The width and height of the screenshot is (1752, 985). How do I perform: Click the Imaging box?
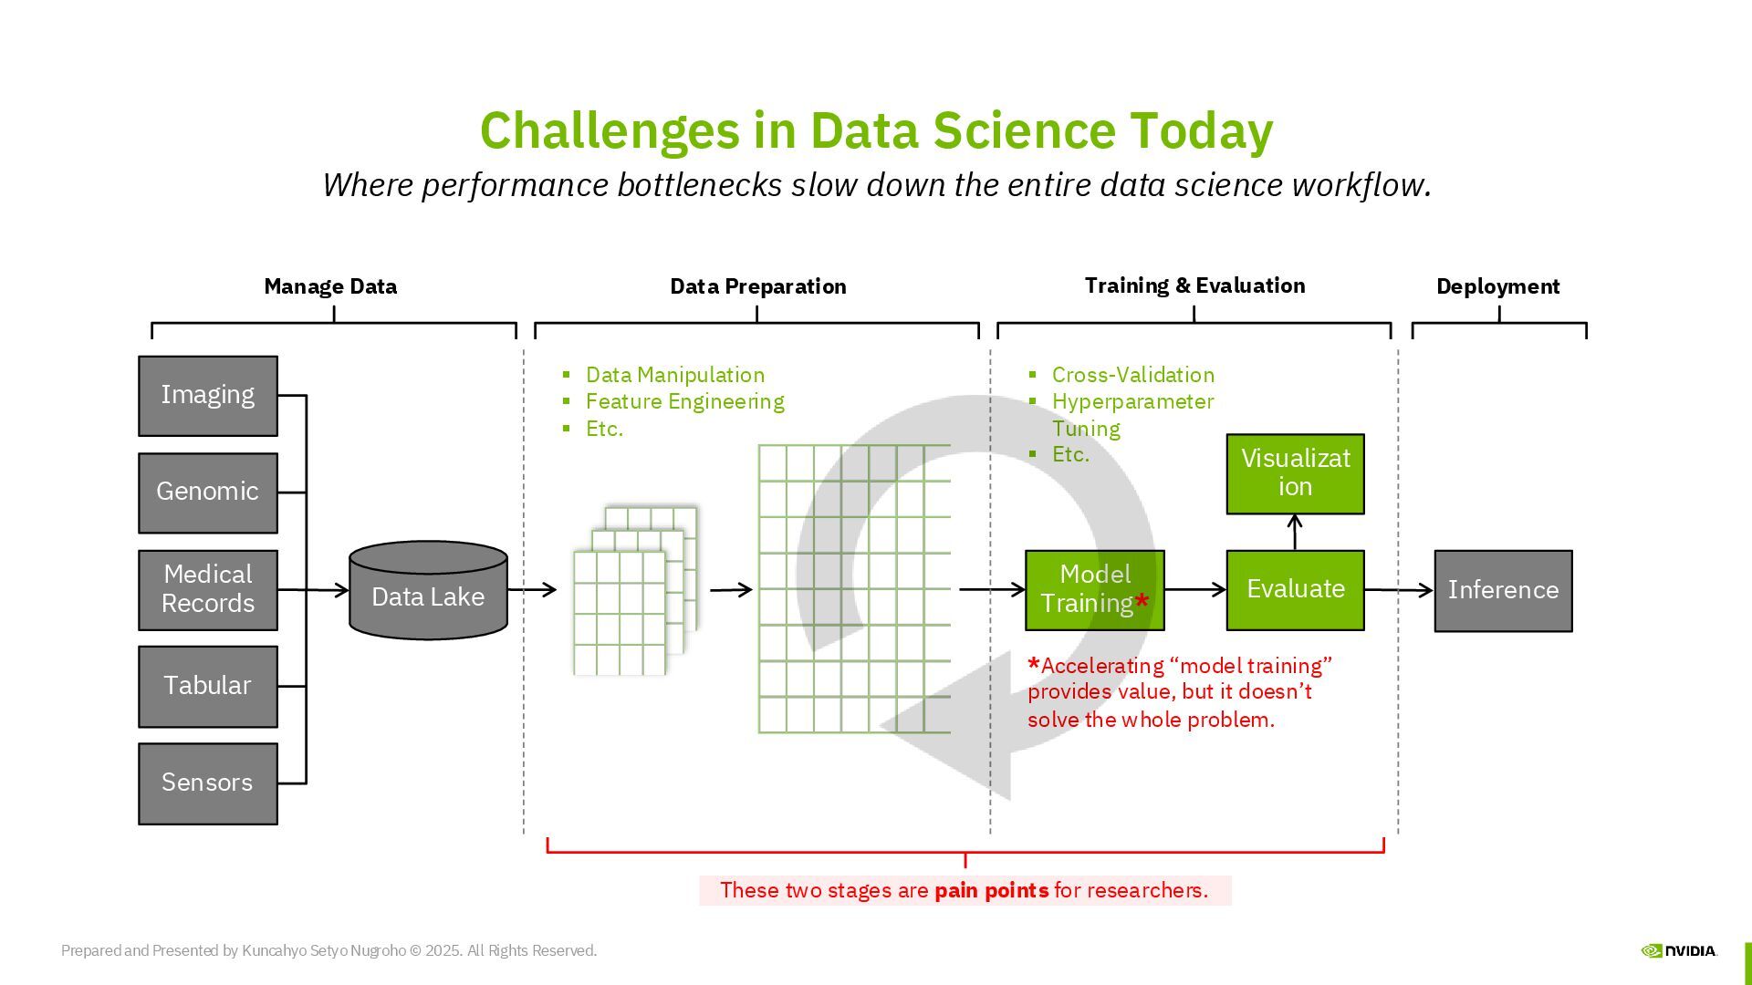208,396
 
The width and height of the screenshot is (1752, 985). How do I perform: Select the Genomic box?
208,493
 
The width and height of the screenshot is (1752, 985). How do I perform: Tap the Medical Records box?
208,589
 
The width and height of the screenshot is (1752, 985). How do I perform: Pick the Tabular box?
208,686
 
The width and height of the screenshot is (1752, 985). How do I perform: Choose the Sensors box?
208,783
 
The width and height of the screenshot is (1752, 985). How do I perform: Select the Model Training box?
1094,589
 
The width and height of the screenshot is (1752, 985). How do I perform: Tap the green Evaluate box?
1295,589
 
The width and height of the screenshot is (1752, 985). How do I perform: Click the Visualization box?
1295,473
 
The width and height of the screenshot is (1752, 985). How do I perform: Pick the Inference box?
1503,590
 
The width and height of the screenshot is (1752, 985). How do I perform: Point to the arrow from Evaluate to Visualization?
1295,532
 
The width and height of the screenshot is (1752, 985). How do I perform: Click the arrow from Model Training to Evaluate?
1195,589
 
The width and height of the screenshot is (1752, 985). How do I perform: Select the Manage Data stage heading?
330,286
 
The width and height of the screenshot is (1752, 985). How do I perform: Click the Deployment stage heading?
1497,286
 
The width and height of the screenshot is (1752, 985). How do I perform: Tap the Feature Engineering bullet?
684,401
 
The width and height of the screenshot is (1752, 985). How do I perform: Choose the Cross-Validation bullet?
1132,375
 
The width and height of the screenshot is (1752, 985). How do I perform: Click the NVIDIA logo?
1679,950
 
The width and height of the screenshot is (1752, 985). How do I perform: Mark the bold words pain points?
991,890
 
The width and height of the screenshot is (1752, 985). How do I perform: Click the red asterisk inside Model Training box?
1142,602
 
